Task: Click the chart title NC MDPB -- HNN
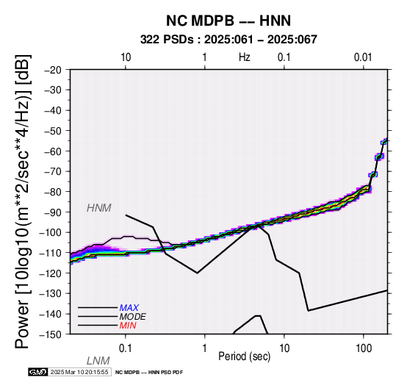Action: (228, 21)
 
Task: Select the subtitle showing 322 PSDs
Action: (228, 40)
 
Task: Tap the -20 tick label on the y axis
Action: (53, 70)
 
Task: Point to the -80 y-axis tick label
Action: (53, 192)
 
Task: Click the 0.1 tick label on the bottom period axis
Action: (126, 348)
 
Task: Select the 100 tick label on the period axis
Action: (364, 348)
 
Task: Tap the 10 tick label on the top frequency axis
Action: (126, 57)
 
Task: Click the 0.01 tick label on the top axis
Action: (363, 57)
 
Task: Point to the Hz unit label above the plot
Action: (245, 57)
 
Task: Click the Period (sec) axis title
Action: (244, 356)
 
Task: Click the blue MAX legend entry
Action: (129, 308)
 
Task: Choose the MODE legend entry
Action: (133, 317)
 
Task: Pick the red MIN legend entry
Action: (128, 326)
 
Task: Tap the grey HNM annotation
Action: (99, 208)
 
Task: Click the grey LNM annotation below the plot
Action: (98, 361)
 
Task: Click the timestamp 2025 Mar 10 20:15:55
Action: (79, 372)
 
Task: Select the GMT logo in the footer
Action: (38, 372)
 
